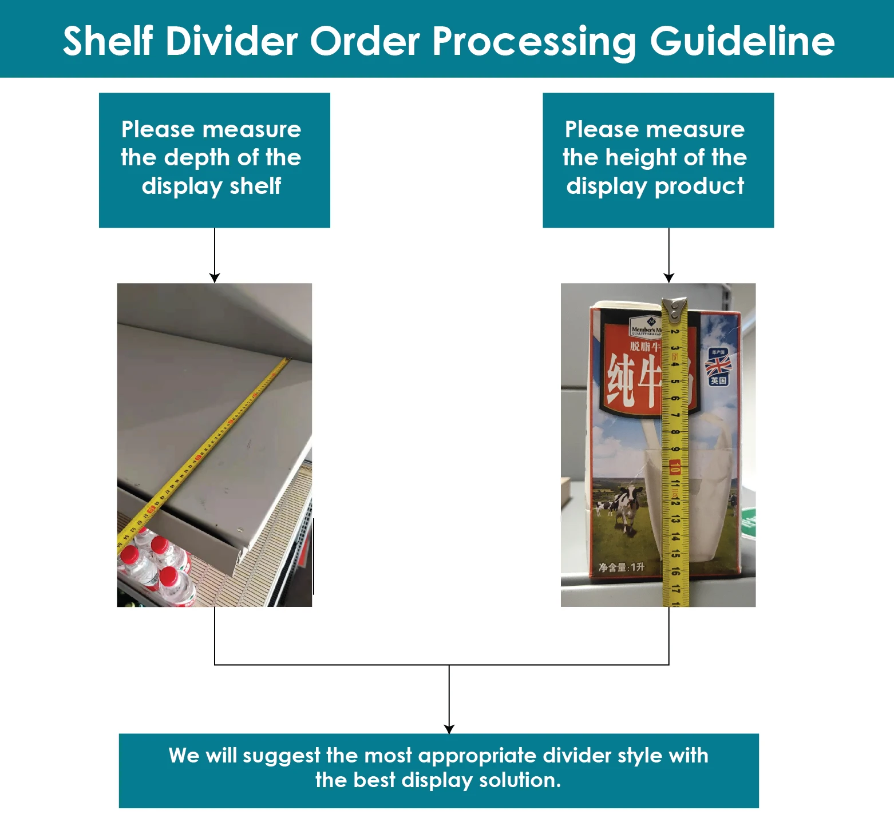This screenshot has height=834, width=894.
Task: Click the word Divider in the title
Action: coord(232,41)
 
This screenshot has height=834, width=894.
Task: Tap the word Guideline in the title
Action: coord(742,41)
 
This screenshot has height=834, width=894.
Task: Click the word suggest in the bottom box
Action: coord(281,756)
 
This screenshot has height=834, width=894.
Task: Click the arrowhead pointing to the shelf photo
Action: coord(215,278)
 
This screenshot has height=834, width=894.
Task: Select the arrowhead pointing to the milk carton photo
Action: coord(668,278)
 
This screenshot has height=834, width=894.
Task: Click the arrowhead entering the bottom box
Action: coord(449,729)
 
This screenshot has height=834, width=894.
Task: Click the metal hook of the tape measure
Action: coord(675,308)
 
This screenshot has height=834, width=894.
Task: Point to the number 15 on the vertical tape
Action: coord(676,553)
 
